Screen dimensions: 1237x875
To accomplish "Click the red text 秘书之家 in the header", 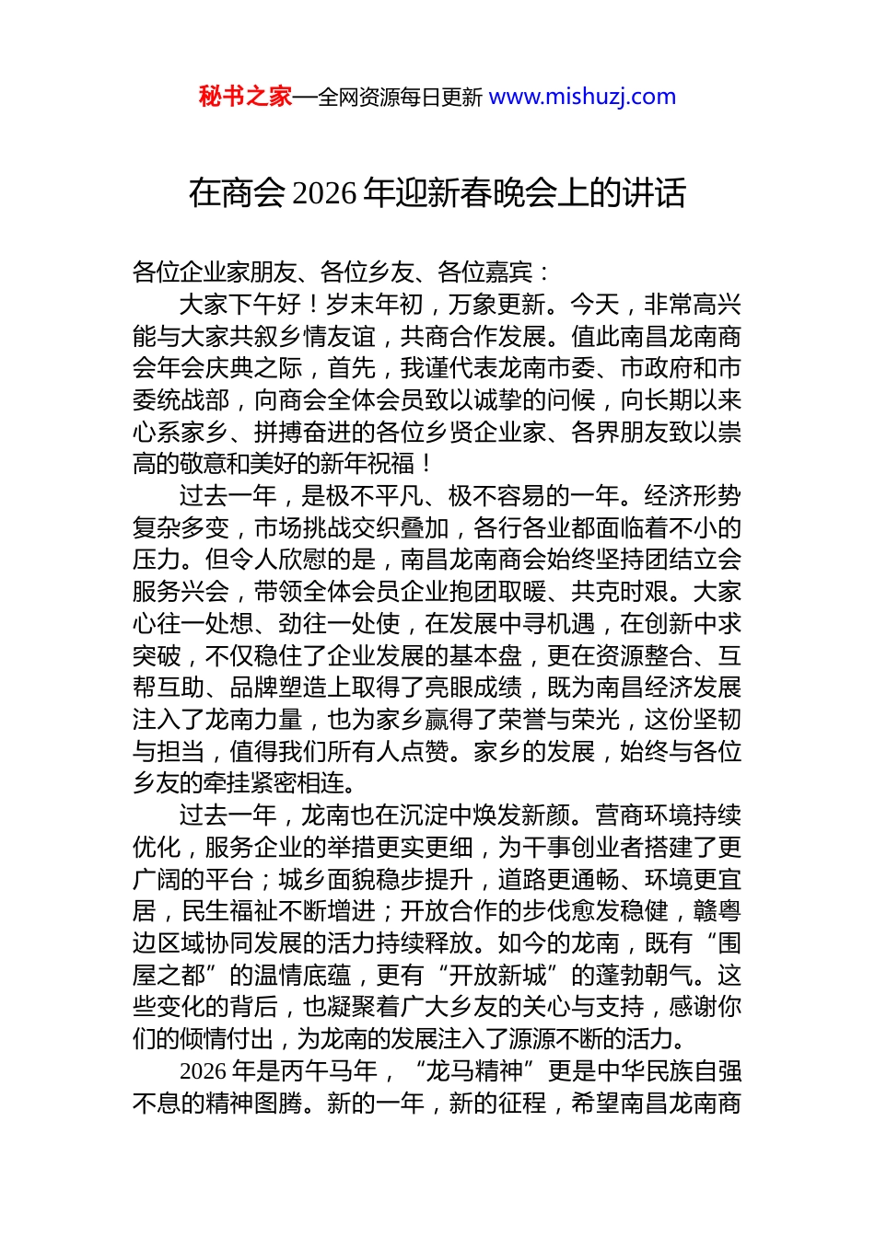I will (245, 97).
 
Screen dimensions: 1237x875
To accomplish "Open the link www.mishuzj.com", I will (582, 97).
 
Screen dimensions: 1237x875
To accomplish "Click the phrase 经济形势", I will (693, 496).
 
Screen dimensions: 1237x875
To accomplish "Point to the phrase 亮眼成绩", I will (473, 688).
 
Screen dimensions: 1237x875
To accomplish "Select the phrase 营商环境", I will (644, 815).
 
